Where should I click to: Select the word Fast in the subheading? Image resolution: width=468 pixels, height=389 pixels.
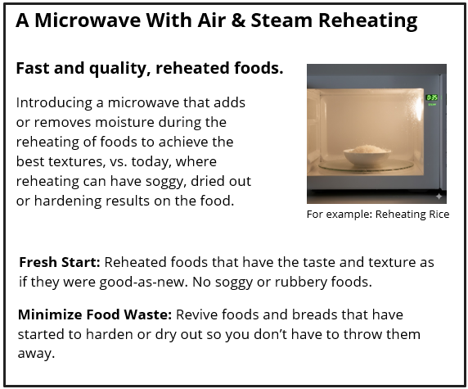(x=33, y=69)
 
